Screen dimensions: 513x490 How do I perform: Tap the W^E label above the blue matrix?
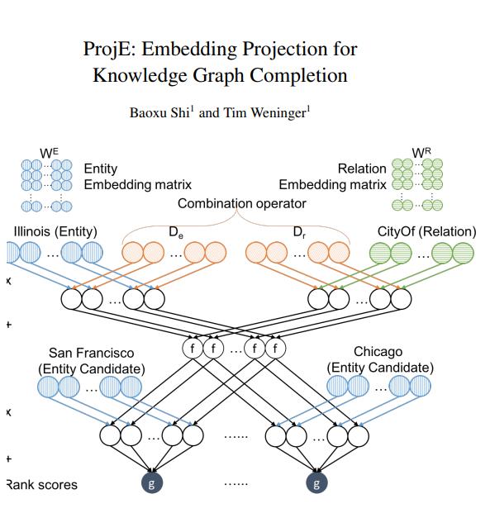click(50, 151)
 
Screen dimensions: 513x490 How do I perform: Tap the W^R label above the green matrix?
click(421, 152)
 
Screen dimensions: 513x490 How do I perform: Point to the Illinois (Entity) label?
click(55, 231)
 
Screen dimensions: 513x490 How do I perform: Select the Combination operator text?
click(241, 203)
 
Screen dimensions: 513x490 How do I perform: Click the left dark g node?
click(150, 484)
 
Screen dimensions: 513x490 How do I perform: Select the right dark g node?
click(315, 484)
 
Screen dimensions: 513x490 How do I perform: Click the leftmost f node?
click(193, 348)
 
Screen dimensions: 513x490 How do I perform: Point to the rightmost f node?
click(274, 348)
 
